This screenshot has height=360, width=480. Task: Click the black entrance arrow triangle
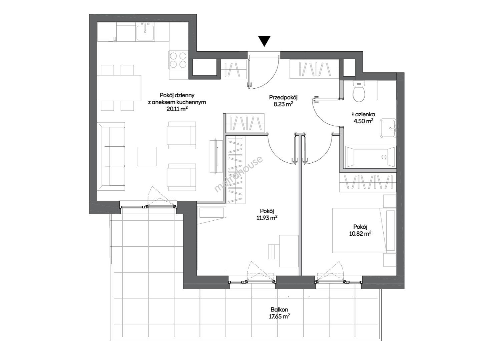click(265, 41)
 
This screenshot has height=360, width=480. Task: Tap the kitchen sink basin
click(145, 33)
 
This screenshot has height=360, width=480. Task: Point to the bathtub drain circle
click(384, 157)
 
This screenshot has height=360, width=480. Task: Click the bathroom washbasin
click(388, 128)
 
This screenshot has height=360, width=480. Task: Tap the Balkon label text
click(279, 310)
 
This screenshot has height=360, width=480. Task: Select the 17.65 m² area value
click(279, 316)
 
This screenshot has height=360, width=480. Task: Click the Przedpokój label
click(283, 97)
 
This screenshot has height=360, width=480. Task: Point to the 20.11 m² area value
click(177, 109)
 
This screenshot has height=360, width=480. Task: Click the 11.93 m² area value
click(267, 218)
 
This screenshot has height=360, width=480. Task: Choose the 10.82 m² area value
click(360, 234)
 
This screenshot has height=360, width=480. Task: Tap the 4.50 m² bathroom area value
click(364, 121)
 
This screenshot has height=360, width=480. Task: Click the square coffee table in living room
click(146, 156)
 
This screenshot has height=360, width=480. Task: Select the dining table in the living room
click(119, 88)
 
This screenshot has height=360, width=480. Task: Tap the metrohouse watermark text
click(238, 174)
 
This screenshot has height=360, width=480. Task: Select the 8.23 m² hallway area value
click(283, 104)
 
